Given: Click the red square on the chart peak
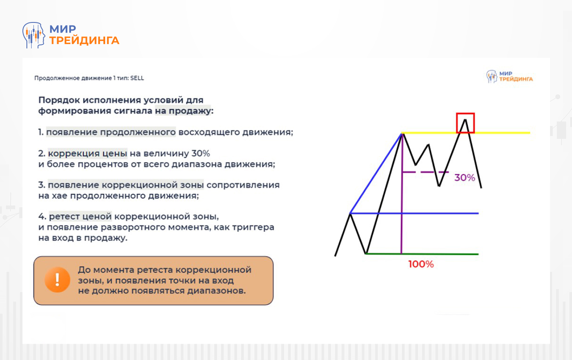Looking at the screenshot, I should tap(465, 123).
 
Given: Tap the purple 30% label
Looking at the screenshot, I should tap(465, 178).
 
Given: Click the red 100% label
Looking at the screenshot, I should tap(421, 264).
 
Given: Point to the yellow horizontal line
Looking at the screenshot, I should tap(502, 132).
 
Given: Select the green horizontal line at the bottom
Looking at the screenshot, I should tap(440, 254).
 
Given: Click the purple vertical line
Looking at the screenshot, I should tap(402, 211).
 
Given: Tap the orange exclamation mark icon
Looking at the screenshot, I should tap(57, 279).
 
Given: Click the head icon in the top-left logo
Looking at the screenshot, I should tap(34, 35).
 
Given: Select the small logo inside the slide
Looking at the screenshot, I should tap(509, 77).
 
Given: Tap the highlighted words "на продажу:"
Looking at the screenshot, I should tap(183, 111).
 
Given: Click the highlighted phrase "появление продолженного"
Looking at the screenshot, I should tap(111, 132).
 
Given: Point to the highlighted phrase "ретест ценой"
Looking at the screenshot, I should tap(81, 217).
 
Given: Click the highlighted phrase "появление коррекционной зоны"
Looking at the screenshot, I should tap(126, 185).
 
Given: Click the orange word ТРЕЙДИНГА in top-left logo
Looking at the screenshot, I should tap(84, 40).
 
